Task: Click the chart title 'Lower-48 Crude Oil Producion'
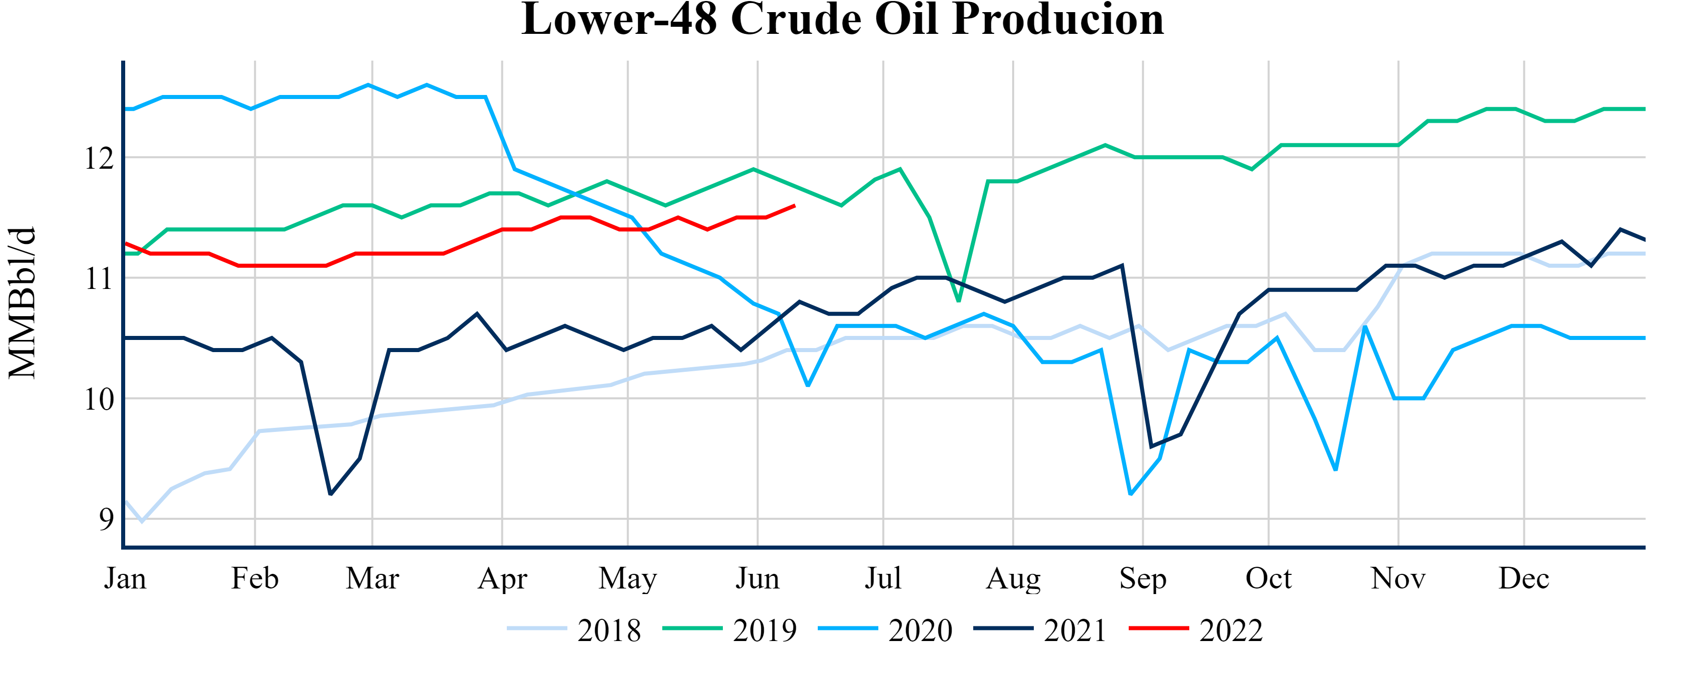pyautogui.click(x=842, y=20)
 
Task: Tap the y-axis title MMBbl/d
pyautogui.click(x=22, y=303)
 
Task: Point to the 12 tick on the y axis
pyautogui.click(x=99, y=158)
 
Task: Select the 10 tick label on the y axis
pyautogui.click(x=99, y=399)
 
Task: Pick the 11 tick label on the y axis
pyautogui.click(x=99, y=278)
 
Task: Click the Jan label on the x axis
pyautogui.click(x=125, y=579)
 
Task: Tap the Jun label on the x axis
pyautogui.click(x=757, y=579)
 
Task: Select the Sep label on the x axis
pyautogui.click(x=1143, y=579)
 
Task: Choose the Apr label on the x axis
pyautogui.click(x=502, y=579)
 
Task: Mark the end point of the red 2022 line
pyautogui.click(x=795, y=206)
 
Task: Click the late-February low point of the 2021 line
pyautogui.click(x=331, y=495)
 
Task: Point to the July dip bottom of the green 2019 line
pyautogui.click(x=959, y=301)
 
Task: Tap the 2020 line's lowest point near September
pyautogui.click(x=1131, y=494)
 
